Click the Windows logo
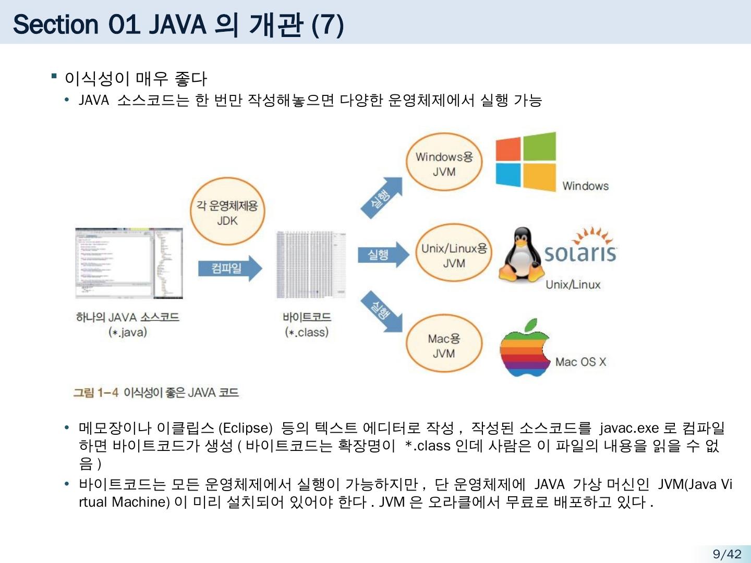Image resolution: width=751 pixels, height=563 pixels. pos(525,162)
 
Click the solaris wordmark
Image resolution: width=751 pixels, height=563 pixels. pos(580,253)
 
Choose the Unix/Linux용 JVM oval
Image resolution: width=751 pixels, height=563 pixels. pos(454,255)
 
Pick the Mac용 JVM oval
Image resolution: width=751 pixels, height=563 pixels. pos(444,346)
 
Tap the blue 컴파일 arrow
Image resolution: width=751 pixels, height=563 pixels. pos(229,268)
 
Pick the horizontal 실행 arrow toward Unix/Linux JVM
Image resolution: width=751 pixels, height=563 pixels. pos(383,255)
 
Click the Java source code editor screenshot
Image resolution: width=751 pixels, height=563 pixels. pos(129,263)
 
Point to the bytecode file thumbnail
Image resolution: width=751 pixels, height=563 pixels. pos(311,264)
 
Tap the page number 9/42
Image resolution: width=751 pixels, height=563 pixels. pos(726,554)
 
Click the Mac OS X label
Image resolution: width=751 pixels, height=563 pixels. pos(580,362)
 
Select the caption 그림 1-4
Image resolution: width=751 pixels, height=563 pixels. pos(96,393)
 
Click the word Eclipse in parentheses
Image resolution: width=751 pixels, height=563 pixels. pos(245,429)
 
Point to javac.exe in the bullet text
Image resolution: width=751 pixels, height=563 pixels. pos(629,429)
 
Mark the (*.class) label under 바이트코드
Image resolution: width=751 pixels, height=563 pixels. pos(307,332)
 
